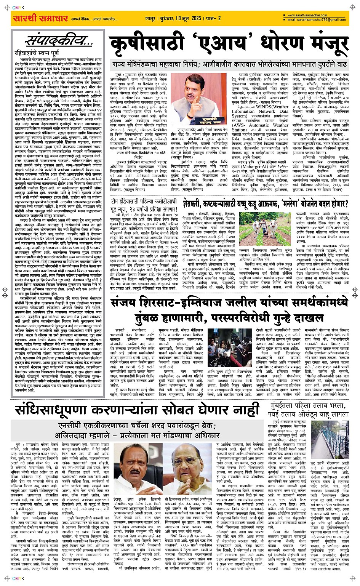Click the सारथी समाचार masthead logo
coord(35,18)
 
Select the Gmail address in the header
coord(318,19)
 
